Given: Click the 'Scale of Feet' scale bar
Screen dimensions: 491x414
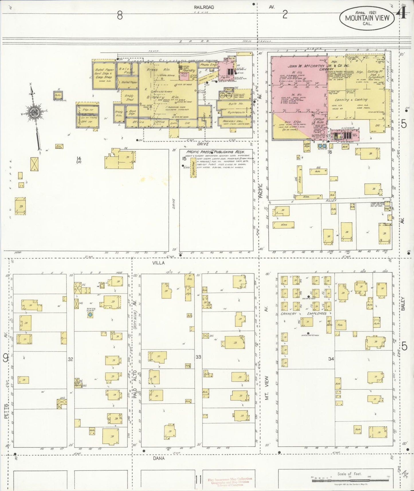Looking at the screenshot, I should point(349,478).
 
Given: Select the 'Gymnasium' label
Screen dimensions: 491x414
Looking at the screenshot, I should point(236,113).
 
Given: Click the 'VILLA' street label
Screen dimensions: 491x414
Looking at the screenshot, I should point(158,263).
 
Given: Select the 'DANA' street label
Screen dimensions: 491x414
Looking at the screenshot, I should point(158,458).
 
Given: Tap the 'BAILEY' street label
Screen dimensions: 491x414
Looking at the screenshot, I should point(403,304).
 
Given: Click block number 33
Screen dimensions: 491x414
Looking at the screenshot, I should point(198,357).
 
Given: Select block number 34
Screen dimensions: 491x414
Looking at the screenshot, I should point(331,359).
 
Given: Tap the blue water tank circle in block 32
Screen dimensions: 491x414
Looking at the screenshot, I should point(90,315).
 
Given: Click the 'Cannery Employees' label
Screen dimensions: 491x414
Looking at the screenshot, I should point(304,314).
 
